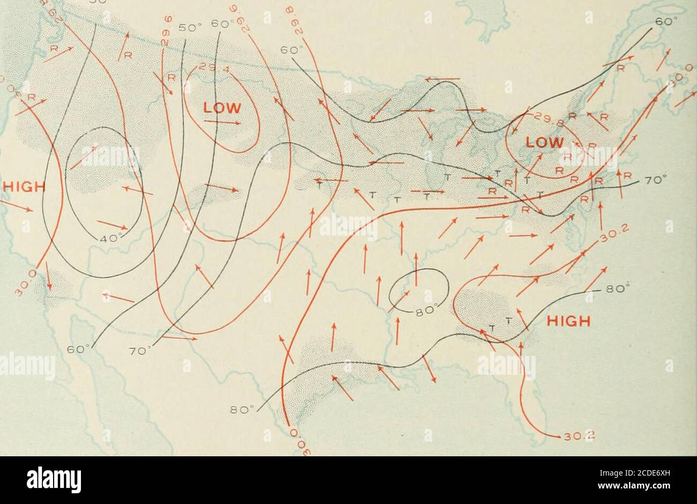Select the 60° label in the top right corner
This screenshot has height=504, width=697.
click(x=664, y=24)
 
